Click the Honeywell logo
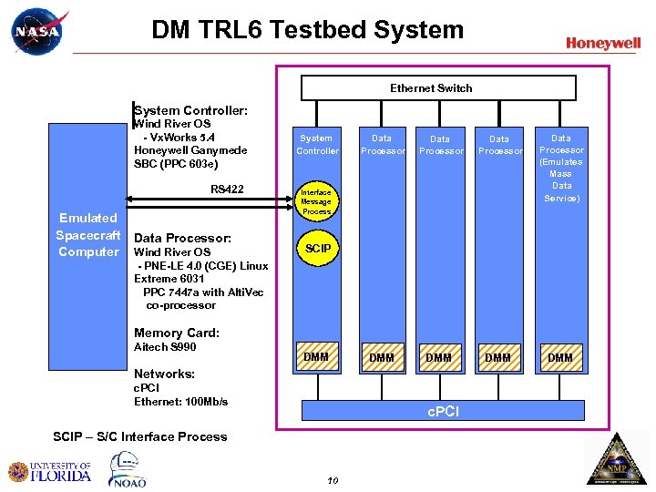pos(602,43)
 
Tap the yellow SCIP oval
pos(316,248)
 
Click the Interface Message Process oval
pos(316,201)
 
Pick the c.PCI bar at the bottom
pos(443,412)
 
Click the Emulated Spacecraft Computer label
pos(88,235)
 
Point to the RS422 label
pos(227,190)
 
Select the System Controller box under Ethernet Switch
pos(316,145)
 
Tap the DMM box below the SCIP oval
pos(316,357)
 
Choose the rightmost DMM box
pos(560,358)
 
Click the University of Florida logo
pos(50,471)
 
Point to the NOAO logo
pos(128,469)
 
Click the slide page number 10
pos(333,480)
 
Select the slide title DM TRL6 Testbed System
pos(307,30)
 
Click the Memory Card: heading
pos(176,333)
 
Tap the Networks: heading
pos(164,374)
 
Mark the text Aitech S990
pos(165,347)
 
